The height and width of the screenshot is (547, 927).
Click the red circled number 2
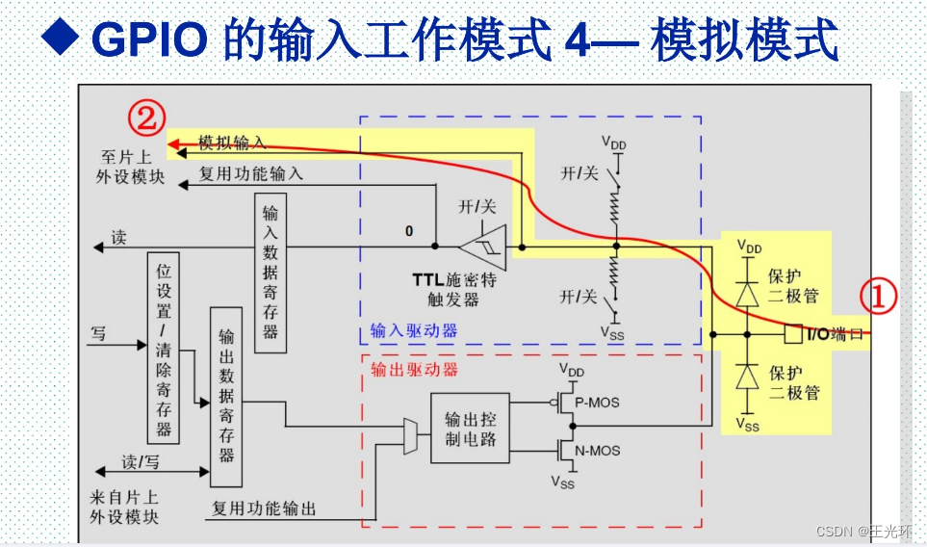coord(145,118)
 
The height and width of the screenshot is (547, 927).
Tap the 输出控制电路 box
coord(470,428)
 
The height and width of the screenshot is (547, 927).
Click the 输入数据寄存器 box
coord(270,273)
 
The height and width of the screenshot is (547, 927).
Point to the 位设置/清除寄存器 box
coord(164,347)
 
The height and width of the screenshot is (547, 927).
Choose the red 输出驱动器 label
coord(415,369)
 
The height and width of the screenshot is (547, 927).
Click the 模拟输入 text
coord(232,143)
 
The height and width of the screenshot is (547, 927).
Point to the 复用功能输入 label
coord(250,174)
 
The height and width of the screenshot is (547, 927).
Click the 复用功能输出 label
coord(264,508)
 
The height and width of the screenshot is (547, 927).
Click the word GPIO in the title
coord(151,40)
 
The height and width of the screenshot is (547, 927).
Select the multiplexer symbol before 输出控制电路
coord(409,434)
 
